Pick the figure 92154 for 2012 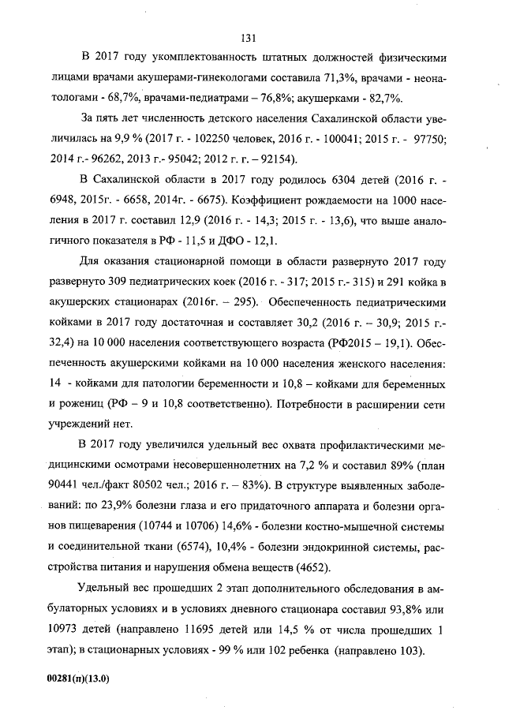[x=275, y=159]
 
